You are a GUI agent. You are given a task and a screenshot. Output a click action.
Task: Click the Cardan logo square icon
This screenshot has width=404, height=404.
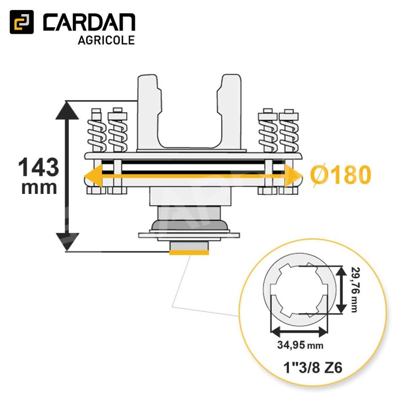click(22, 22)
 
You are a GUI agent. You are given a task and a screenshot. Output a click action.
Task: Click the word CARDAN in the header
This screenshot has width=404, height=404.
click(89, 22)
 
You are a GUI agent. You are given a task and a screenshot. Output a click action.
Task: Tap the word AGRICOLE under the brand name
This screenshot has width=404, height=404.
click(106, 40)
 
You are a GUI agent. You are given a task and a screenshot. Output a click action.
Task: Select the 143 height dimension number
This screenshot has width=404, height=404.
click(38, 167)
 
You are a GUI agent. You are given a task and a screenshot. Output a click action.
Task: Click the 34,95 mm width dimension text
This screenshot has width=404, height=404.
click(300, 345)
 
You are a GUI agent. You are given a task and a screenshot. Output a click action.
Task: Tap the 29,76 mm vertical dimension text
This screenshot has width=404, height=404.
click(355, 289)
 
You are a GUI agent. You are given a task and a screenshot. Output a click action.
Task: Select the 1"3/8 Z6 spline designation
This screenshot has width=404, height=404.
click(313, 368)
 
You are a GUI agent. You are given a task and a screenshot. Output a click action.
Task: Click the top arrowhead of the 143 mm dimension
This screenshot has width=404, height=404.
click(67, 110)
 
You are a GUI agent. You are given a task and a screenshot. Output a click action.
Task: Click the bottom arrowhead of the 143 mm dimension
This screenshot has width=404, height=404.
click(67, 242)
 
